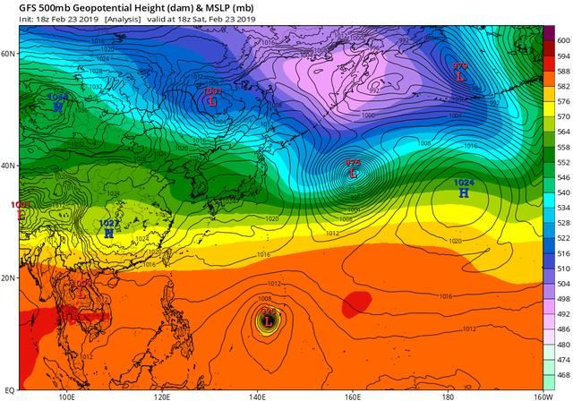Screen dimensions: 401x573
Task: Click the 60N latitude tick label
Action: (9, 54)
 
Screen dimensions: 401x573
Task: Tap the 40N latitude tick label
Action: (9, 166)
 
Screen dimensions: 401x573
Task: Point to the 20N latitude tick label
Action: (9, 277)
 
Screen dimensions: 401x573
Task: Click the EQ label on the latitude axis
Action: (9, 390)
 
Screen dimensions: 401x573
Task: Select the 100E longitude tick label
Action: (65, 396)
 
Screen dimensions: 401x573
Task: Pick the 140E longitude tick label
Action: (258, 396)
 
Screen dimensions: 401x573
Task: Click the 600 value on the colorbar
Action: (562, 40)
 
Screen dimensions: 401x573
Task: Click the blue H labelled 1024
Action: (464, 192)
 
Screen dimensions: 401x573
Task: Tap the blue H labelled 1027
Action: (108, 233)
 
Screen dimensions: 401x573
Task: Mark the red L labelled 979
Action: (460, 77)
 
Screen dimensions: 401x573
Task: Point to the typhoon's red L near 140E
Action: (268, 320)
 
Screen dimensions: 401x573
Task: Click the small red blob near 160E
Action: (356, 303)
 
